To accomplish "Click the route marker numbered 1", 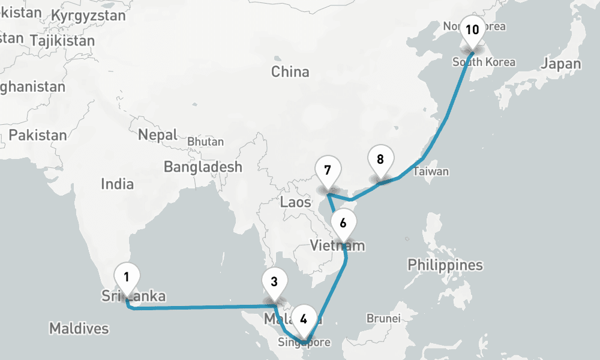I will (127, 278).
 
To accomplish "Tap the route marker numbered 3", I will (274, 282).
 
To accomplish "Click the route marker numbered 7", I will (327, 170).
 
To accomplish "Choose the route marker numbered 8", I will (380, 160).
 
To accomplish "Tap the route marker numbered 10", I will (472, 30).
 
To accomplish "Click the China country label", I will (290, 72).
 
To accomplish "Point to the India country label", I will (117, 184).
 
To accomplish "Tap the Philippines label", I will (445, 265).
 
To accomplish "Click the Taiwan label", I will (430, 172).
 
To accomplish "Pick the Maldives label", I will (79, 328).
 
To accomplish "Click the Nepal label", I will (158, 134).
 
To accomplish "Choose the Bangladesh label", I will (203, 166).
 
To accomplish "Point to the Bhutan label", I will (205, 142).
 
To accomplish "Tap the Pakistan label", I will (38, 134).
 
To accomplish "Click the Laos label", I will (296, 202).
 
